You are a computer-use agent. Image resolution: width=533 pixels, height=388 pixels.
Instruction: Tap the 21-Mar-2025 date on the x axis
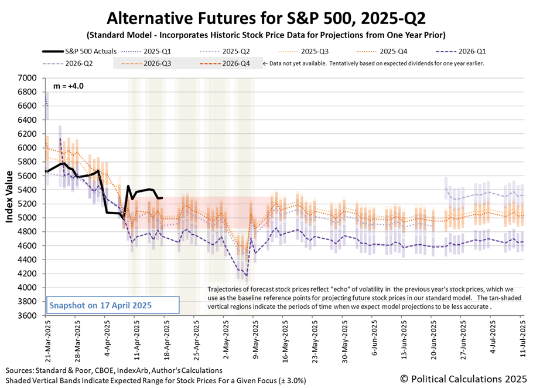click(x=45, y=343)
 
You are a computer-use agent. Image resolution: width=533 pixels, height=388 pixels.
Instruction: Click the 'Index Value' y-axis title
click(x=9, y=196)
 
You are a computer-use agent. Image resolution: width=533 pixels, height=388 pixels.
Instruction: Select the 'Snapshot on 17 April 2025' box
click(x=111, y=305)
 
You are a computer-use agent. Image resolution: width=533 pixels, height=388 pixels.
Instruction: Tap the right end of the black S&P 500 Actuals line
click(x=163, y=198)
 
